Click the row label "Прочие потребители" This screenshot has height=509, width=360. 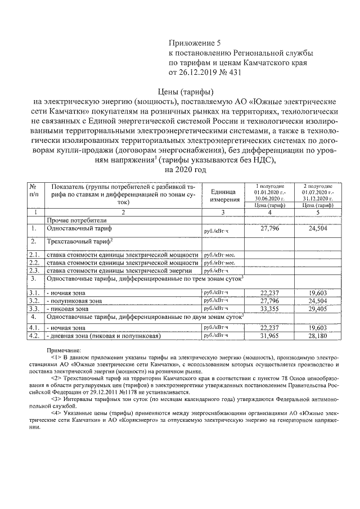point(76,221)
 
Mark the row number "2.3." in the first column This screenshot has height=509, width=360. point(34,271)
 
